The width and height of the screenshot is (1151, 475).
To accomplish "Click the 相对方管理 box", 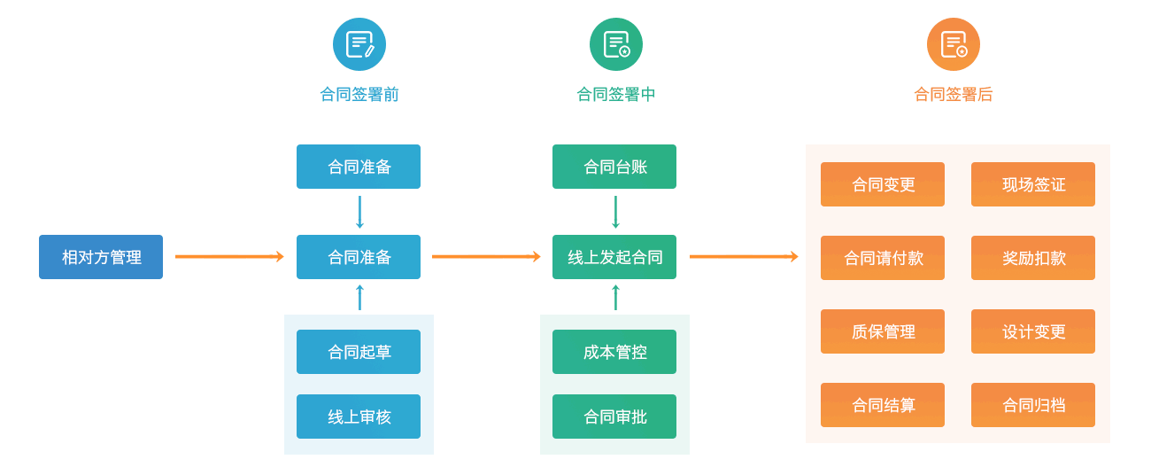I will tap(101, 257).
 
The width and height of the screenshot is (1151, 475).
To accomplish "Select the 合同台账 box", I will tap(614, 167).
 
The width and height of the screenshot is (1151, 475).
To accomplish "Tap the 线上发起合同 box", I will tap(614, 257).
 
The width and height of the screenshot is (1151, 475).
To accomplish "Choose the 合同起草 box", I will tap(359, 352).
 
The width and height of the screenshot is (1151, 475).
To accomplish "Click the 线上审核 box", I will tap(359, 417).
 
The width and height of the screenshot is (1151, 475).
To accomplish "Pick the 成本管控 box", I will tap(614, 352).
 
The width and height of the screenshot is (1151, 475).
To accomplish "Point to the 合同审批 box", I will tap(614, 417).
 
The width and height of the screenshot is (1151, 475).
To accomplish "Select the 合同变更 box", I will tap(883, 184).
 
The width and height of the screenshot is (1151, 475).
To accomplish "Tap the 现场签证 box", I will tap(1033, 184).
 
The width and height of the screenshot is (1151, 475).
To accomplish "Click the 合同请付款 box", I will tap(883, 258).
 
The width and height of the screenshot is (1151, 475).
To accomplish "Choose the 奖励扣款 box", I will tap(1033, 258).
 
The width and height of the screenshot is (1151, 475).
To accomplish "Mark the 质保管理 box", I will tap(883, 331).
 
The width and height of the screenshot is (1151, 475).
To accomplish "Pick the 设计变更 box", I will tap(1033, 331).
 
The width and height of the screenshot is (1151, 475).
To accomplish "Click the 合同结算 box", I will tap(883, 405).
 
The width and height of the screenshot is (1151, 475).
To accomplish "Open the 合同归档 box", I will tap(1033, 405).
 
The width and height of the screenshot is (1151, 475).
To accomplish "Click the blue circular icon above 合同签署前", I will tap(359, 44).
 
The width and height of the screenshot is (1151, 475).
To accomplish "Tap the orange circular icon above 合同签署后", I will tap(954, 44).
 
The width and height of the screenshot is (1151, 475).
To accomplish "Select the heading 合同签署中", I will tap(615, 94).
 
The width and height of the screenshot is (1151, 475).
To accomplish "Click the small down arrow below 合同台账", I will tap(615, 213).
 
